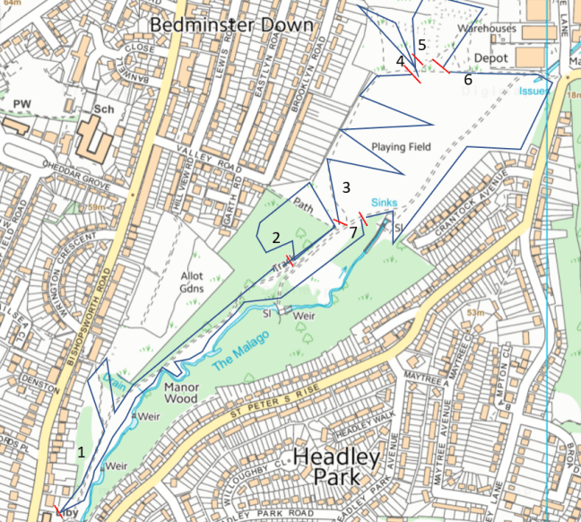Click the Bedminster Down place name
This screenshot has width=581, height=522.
point(231,24)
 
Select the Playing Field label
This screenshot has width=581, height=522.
point(401,146)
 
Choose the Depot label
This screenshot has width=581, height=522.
point(490,57)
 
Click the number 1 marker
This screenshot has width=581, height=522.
point(82,453)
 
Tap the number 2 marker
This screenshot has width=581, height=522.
point(277,237)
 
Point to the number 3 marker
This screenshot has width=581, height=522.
point(345,187)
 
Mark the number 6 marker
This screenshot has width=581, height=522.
point(467,80)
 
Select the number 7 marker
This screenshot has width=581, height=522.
point(353,231)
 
